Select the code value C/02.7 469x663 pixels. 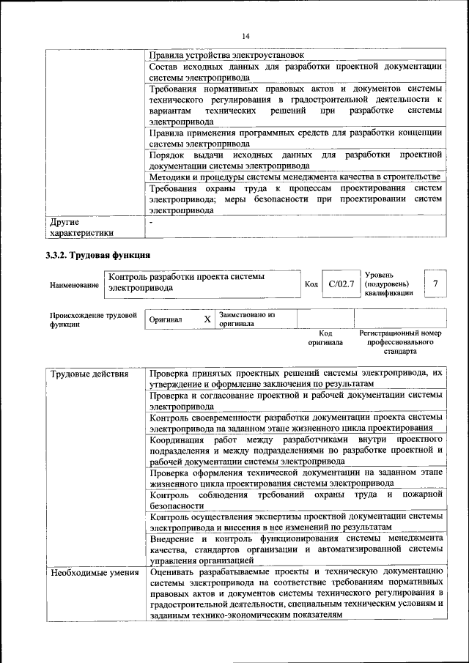pyautogui.click(x=341, y=284)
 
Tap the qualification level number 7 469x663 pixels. pyautogui.click(x=436, y=283)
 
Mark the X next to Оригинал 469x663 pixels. pyautogui.click(x=207, y=319)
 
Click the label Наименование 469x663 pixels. pyautogui.click(x=75, y=284)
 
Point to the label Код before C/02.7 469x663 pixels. pyautogui.click(x=311, y=284)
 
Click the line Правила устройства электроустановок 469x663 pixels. pyautogui.click(x=226, y=55)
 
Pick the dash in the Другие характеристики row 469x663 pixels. pyautogui.click(x=151, y=221)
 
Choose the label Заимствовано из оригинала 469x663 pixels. pyautogui.click(x=247, y=319)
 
